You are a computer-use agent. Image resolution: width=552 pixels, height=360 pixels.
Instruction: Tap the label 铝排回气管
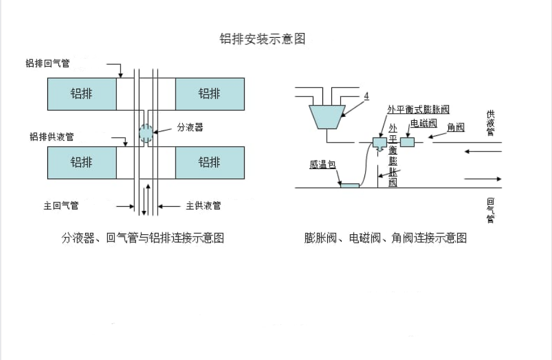tap(47, 63)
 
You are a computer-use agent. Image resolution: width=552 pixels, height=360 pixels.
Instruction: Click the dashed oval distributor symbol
tap(147, 133)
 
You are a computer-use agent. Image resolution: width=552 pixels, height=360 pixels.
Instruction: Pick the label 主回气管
tap(61, 205)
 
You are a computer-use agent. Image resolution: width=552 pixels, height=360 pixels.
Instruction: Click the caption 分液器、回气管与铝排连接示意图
tap(143, 238)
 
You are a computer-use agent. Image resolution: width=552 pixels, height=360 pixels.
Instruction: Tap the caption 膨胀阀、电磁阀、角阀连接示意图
tap(385, 238)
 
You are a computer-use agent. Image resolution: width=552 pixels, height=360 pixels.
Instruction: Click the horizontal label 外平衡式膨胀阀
tap(418, 109)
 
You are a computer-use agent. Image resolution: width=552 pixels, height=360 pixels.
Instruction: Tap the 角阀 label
tap(456, 127)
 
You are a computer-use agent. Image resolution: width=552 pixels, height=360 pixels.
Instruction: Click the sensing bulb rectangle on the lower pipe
tap(349, 186)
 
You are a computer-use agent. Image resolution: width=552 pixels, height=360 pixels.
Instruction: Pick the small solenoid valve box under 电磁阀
tap(408, 142)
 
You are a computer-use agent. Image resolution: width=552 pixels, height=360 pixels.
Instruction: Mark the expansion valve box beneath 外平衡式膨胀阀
tap(379, 143)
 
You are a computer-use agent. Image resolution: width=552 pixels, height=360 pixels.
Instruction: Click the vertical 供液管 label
tap(490, 123)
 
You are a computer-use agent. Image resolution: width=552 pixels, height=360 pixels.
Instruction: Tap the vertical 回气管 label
tap(490, 210)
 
